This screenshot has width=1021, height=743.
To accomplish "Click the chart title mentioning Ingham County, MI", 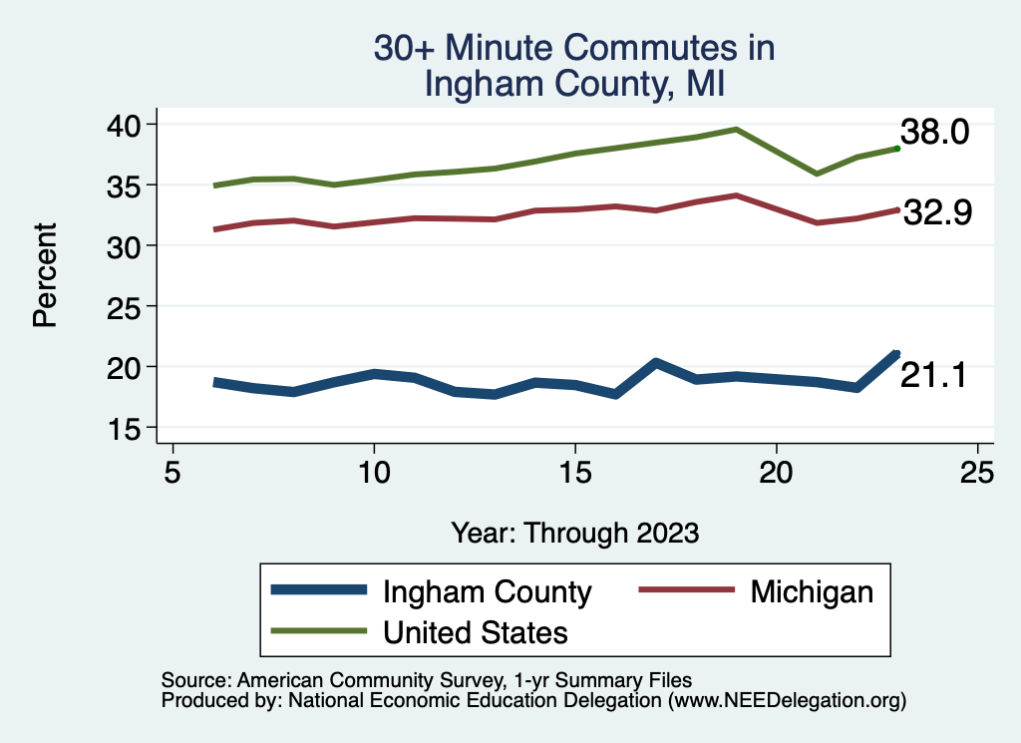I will [x=573, y=65].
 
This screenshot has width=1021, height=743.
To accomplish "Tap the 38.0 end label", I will [x=934, y=132].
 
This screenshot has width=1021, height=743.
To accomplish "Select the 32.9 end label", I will [x=937, y=212].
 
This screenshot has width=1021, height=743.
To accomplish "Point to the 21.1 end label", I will [x=933, y=375].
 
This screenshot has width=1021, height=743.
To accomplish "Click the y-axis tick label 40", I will [x=129, y=124].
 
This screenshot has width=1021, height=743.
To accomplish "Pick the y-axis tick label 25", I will [x=129, y=306].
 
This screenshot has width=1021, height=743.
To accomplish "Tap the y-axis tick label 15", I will [x=129, y=428].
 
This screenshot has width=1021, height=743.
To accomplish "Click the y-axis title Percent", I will [x=44, y=275].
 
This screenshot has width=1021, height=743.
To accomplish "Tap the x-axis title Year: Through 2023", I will [x=574, y=533].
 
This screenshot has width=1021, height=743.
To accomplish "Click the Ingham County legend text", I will [x=488, y=591].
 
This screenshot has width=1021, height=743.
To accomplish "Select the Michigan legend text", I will [x=812, y=591].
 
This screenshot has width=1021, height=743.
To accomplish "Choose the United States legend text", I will [x=476, y=631].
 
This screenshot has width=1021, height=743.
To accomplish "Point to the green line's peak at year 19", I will [x=736, y=129].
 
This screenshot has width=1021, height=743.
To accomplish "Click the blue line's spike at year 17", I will [x=655, y=362].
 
